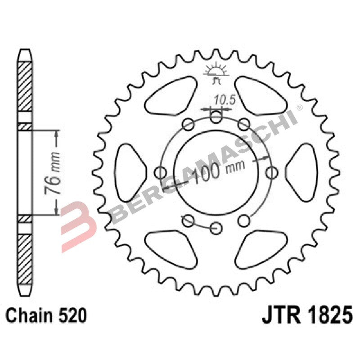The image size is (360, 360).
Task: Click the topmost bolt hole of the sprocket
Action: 216,118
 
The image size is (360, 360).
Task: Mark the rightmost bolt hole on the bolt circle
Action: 271,171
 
